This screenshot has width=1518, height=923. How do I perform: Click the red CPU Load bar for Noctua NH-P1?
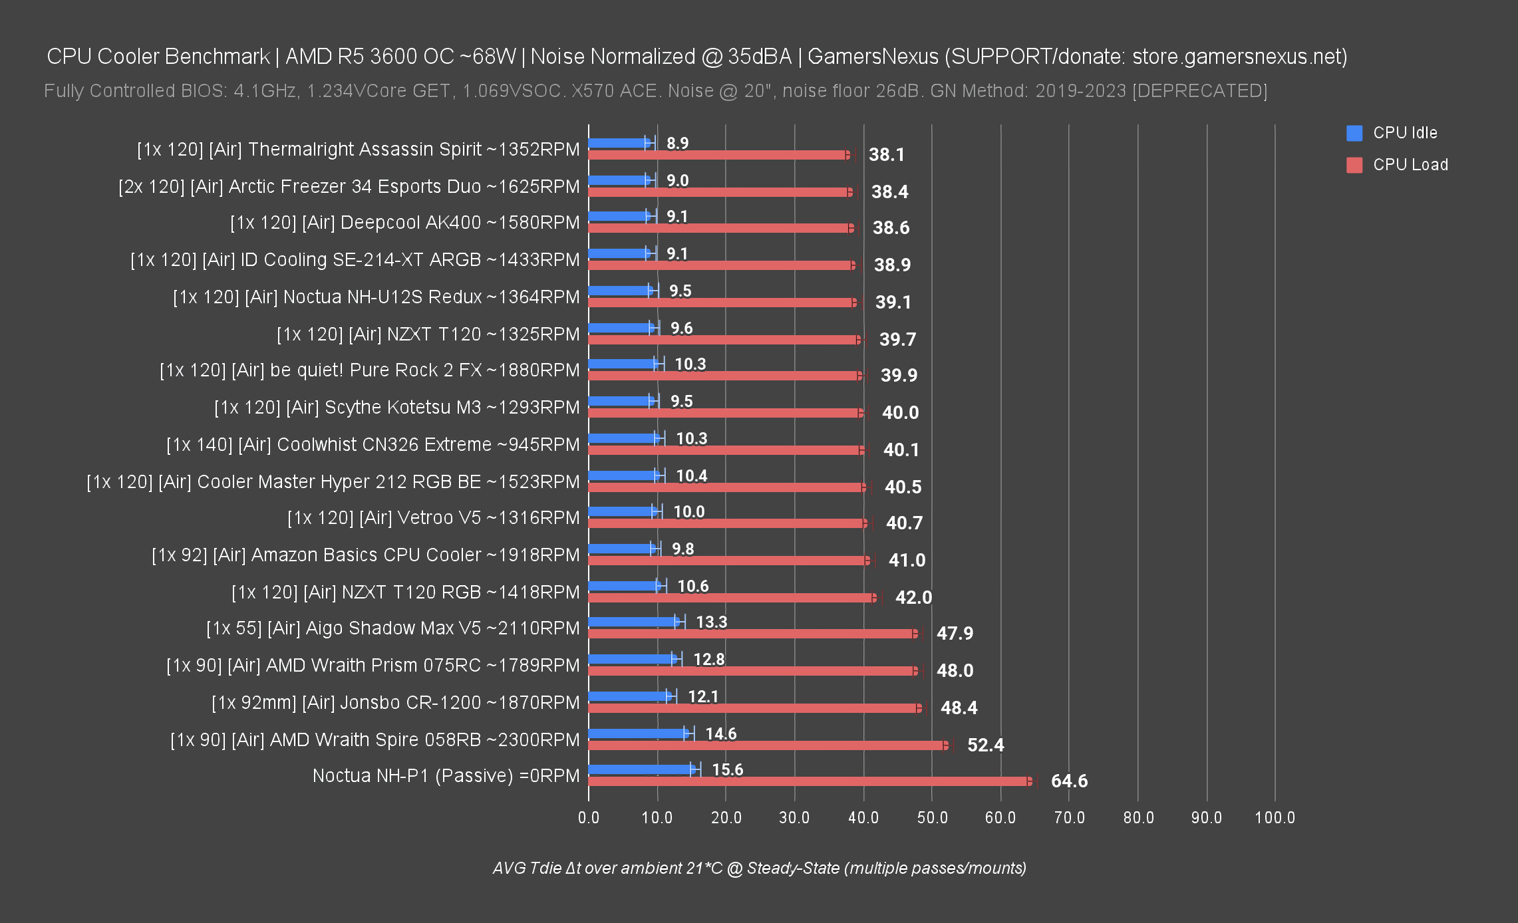(x=808, y=781)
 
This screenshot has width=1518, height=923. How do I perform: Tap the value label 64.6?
(x=1069, y=781)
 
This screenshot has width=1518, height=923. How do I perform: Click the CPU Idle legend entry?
(x=1404, y=133)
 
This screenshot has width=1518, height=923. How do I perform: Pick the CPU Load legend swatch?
(x=1354, y=165)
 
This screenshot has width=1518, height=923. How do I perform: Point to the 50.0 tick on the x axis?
(x=932, y=818)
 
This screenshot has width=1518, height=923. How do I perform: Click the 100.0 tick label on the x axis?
(x=1275, y=818)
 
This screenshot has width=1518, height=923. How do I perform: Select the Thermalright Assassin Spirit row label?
(x=358, y=150)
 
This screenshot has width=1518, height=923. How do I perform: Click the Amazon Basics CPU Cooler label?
(x=365, y=555)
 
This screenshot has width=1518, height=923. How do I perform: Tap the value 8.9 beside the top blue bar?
(x=677, y=144)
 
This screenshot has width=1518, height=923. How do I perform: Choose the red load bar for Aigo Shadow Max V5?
(x=752, y=634)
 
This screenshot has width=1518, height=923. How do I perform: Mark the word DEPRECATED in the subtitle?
(x=1199, y=91)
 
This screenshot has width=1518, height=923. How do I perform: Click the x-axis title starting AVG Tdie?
(x=759, y=868)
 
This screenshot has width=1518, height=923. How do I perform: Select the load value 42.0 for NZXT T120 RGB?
(x=913, y=597)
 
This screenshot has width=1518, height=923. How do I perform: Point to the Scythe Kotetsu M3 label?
(x=396, y=408)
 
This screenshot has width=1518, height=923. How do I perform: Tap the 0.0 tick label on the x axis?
(x=589, y=818)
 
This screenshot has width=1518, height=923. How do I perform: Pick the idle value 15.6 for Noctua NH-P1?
(x=727, y=770)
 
